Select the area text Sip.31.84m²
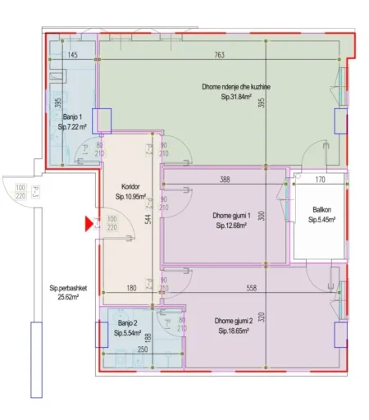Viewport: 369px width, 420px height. [236, 98]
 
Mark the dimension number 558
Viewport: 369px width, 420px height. [257, 288]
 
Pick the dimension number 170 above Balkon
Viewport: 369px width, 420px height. [321, 180]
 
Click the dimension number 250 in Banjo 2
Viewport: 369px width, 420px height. [142, 350]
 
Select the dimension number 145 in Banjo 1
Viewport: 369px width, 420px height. [72, 55]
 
